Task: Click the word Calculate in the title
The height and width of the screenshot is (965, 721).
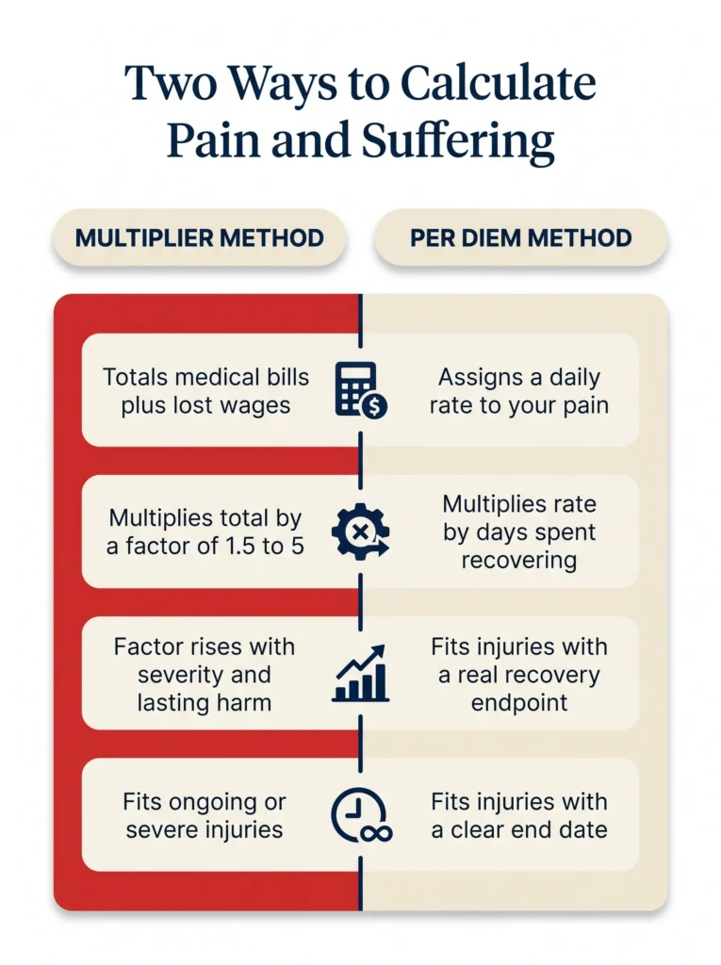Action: pyautogui.click(x=499, y=83)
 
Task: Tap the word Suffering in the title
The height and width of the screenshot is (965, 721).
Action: pyautogui.click(x=458, y=141)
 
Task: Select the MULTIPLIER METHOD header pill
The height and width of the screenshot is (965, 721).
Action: pyautogui.click(x=200, y=238)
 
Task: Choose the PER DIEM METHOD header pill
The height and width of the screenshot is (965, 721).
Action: pyautogui.click(x=521, y=238)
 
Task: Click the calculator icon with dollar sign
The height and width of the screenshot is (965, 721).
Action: pyautogui.click(x=361, y=390)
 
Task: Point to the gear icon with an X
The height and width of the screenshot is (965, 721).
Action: pyautogui.click(x=361, y=532)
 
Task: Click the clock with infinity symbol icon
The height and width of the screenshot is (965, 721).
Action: pyautogui.click(x=361, y=815)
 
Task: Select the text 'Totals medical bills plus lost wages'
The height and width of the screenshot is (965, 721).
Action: pyautogui.click(x=205, y=391)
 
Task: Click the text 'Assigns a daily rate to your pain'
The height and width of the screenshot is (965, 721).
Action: pyautogui.click(x=519, y=391)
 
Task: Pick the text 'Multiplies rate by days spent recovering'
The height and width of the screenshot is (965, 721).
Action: pyautogui.click(x=519, y=532)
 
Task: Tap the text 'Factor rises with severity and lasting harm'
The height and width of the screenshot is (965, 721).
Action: pyautogui.click(x=205, y=675)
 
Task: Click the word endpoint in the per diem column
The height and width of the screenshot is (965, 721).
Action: pyautogui.click(x=519, y=703)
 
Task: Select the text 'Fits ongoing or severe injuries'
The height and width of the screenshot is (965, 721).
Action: pyautogui.click(x=205, y=815)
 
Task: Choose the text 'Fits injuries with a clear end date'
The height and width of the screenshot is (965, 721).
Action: pyautogui.click(x=519, y=815)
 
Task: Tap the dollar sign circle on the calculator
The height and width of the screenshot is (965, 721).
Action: pyautogui.click(x=374, y=406)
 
